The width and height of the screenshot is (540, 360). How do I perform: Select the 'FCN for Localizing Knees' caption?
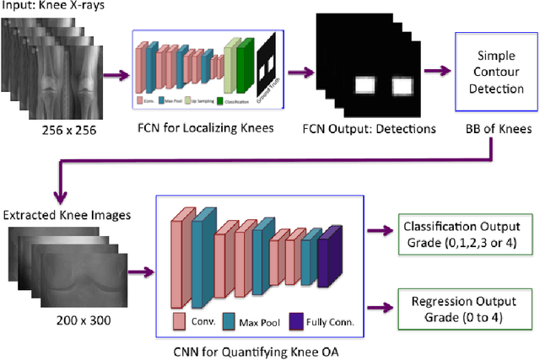coord(208,130)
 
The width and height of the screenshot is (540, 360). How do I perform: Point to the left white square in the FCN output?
coord(364,85)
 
